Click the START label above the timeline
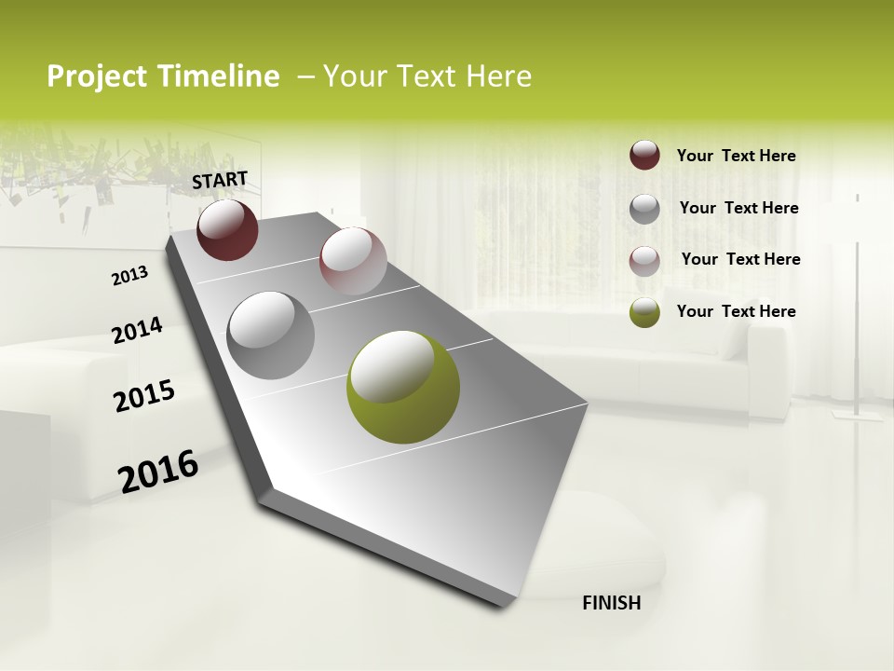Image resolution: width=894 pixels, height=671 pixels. (220, 179)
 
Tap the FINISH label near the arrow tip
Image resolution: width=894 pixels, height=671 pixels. (611, 603)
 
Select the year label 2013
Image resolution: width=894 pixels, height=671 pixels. (130, 276)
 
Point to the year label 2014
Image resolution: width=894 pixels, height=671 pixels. (137, 331)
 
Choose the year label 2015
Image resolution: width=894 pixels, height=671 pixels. (144, 396)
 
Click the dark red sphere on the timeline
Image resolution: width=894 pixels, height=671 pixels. (227, 229)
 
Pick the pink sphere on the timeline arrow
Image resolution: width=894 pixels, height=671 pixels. (353, 260)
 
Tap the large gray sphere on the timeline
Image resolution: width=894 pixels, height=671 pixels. (271, 335)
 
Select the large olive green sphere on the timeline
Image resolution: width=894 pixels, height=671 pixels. (403, 387)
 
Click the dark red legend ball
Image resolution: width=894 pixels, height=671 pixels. (644, 155)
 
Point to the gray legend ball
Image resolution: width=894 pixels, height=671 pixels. (644, 209)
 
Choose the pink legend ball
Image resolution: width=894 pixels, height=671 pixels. (644, 261)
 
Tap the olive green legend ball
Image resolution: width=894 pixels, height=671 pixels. (644, 312)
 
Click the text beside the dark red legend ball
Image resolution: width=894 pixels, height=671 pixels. (736, 156)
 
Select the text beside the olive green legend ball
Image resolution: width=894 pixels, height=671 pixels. (736, 311)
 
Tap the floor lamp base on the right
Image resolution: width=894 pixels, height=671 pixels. (858, 415)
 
